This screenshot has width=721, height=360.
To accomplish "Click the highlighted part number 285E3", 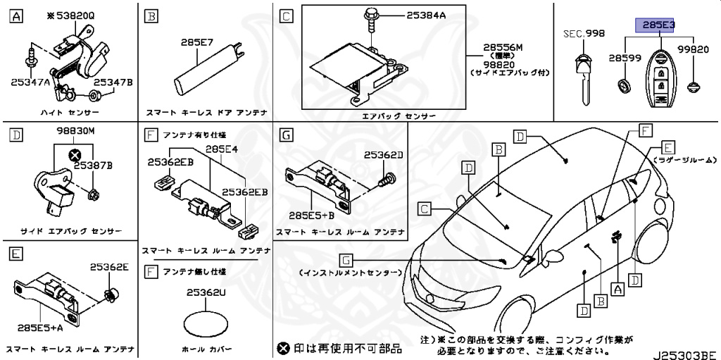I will click(656, 25).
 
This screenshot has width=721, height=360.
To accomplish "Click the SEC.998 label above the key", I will click(584, 34).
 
